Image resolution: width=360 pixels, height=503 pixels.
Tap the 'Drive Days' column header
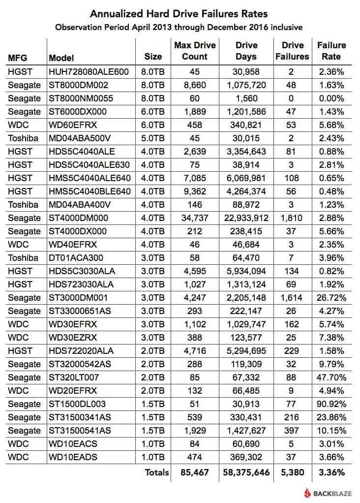[246, 51]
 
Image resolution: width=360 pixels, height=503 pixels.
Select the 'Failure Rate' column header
[331, 51]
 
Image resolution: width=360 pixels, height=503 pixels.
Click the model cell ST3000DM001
[78, 298]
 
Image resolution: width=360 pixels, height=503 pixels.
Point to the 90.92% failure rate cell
[331, 404]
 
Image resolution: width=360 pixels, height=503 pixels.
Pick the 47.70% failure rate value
[331, 377]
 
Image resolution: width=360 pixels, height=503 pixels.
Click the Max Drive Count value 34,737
[195, 218]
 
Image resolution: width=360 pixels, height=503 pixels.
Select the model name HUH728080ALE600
[89, 72]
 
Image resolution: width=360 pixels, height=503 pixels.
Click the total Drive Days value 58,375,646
[246, 473]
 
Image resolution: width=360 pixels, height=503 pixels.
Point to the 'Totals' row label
[156, 473]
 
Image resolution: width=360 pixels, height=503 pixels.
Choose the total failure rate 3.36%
[331, 473]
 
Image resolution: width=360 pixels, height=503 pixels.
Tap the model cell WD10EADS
[73, 457]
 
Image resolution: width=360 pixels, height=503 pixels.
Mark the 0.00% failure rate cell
[331, 98]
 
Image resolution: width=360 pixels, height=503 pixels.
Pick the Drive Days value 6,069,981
[246, 178]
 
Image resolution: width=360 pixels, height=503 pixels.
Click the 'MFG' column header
[18, 58]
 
